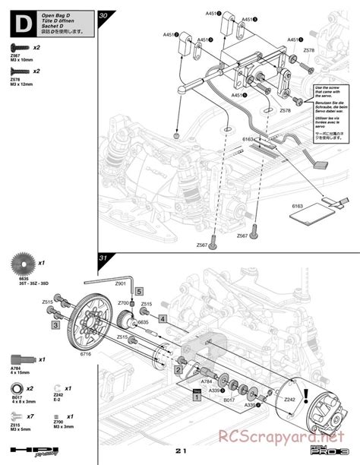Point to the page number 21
179,451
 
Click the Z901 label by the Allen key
120,283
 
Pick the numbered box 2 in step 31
176,369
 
